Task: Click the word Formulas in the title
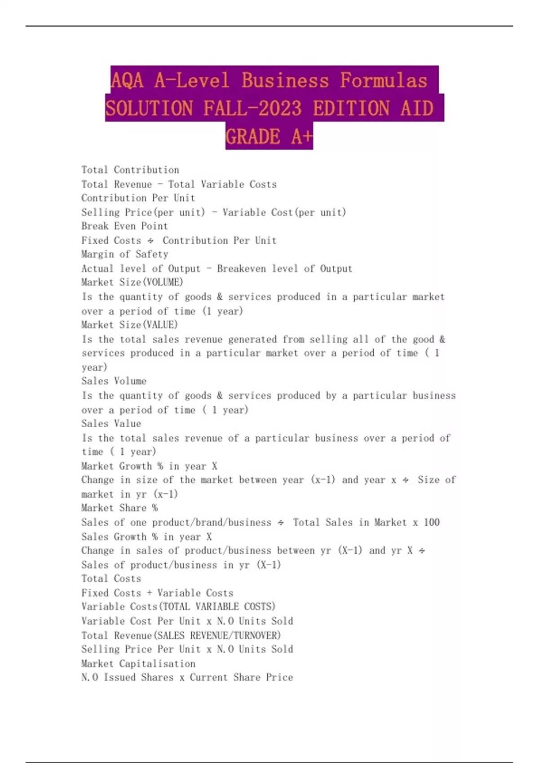pos(383,81)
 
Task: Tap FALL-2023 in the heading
pos(252,109)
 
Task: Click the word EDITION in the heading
pos(351,109)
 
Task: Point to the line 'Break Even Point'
pos(124,226)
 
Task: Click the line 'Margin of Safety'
pos(124,254)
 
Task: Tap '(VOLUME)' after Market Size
pos(162,282)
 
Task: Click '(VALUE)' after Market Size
pos(159,324)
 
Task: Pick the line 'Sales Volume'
pos(114,381)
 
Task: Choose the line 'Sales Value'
pos(111,424)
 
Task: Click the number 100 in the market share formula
pos(432,522)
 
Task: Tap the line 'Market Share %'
pos(119,508)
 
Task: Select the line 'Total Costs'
pos(111,579)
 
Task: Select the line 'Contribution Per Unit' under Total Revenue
pos(138,198)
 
